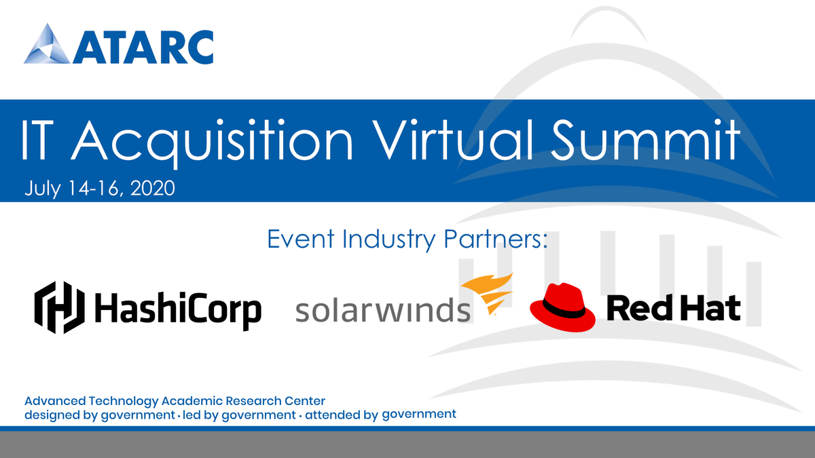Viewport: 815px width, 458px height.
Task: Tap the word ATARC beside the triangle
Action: click(x=144, y=46)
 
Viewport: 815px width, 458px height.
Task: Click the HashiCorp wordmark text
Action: click(x=177, y=309)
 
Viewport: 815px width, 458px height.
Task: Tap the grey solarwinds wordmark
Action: click(x=383, y=310)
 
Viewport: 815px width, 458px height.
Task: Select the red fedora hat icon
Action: click(x=562, y=307)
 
